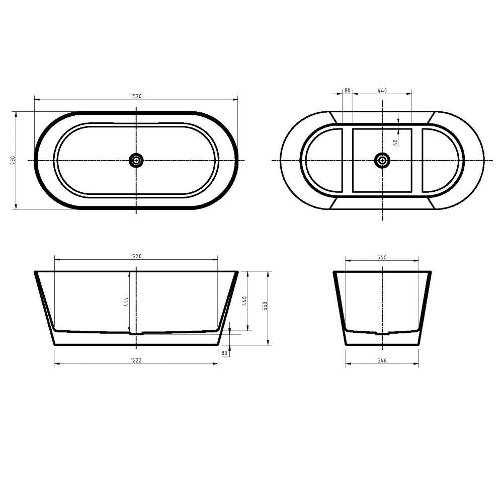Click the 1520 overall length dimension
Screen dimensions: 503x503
click(x=136, y=97)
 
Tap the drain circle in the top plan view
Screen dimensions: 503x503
click(x=136, y=160)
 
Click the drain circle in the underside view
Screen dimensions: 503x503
click(x=382, y=160)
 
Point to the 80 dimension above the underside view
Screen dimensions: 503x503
click(x=347, y=91)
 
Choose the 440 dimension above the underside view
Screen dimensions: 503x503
click(x=382, y=91)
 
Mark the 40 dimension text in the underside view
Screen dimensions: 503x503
click(x=396, y=142)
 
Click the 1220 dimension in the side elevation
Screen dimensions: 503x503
click(x=136, y=256)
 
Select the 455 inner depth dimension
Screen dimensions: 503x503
click(x=126, y=302)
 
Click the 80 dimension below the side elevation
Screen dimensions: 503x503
click(x=224, y=353)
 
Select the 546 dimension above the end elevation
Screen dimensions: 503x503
click(x=382, y=257)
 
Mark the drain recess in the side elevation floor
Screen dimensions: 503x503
click(x=136, y=332)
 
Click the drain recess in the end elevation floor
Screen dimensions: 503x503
click(x=382, y=332)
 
